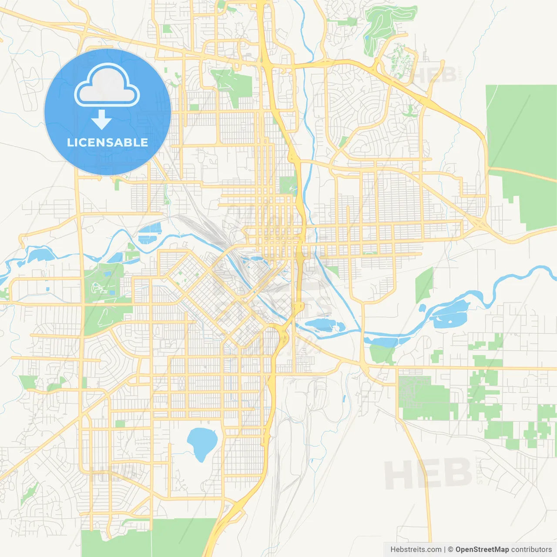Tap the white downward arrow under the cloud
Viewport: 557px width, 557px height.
point(101,120)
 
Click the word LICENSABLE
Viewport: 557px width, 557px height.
point(107,142)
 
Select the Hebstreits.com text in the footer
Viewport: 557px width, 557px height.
point(416,550)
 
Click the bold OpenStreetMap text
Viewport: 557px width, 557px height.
point(482,550)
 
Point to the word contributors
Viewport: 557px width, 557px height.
point(531,550)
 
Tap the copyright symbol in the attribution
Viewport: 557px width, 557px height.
point(450,550)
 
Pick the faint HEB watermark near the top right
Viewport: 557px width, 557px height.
point(435,75)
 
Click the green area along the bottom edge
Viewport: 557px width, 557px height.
point(148,537)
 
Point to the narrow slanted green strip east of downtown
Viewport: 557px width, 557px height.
point(424,285)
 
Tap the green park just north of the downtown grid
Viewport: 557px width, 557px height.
point(287,185)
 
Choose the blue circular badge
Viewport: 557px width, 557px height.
point(107,112)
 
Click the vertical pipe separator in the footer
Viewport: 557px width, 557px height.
point(444,550)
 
